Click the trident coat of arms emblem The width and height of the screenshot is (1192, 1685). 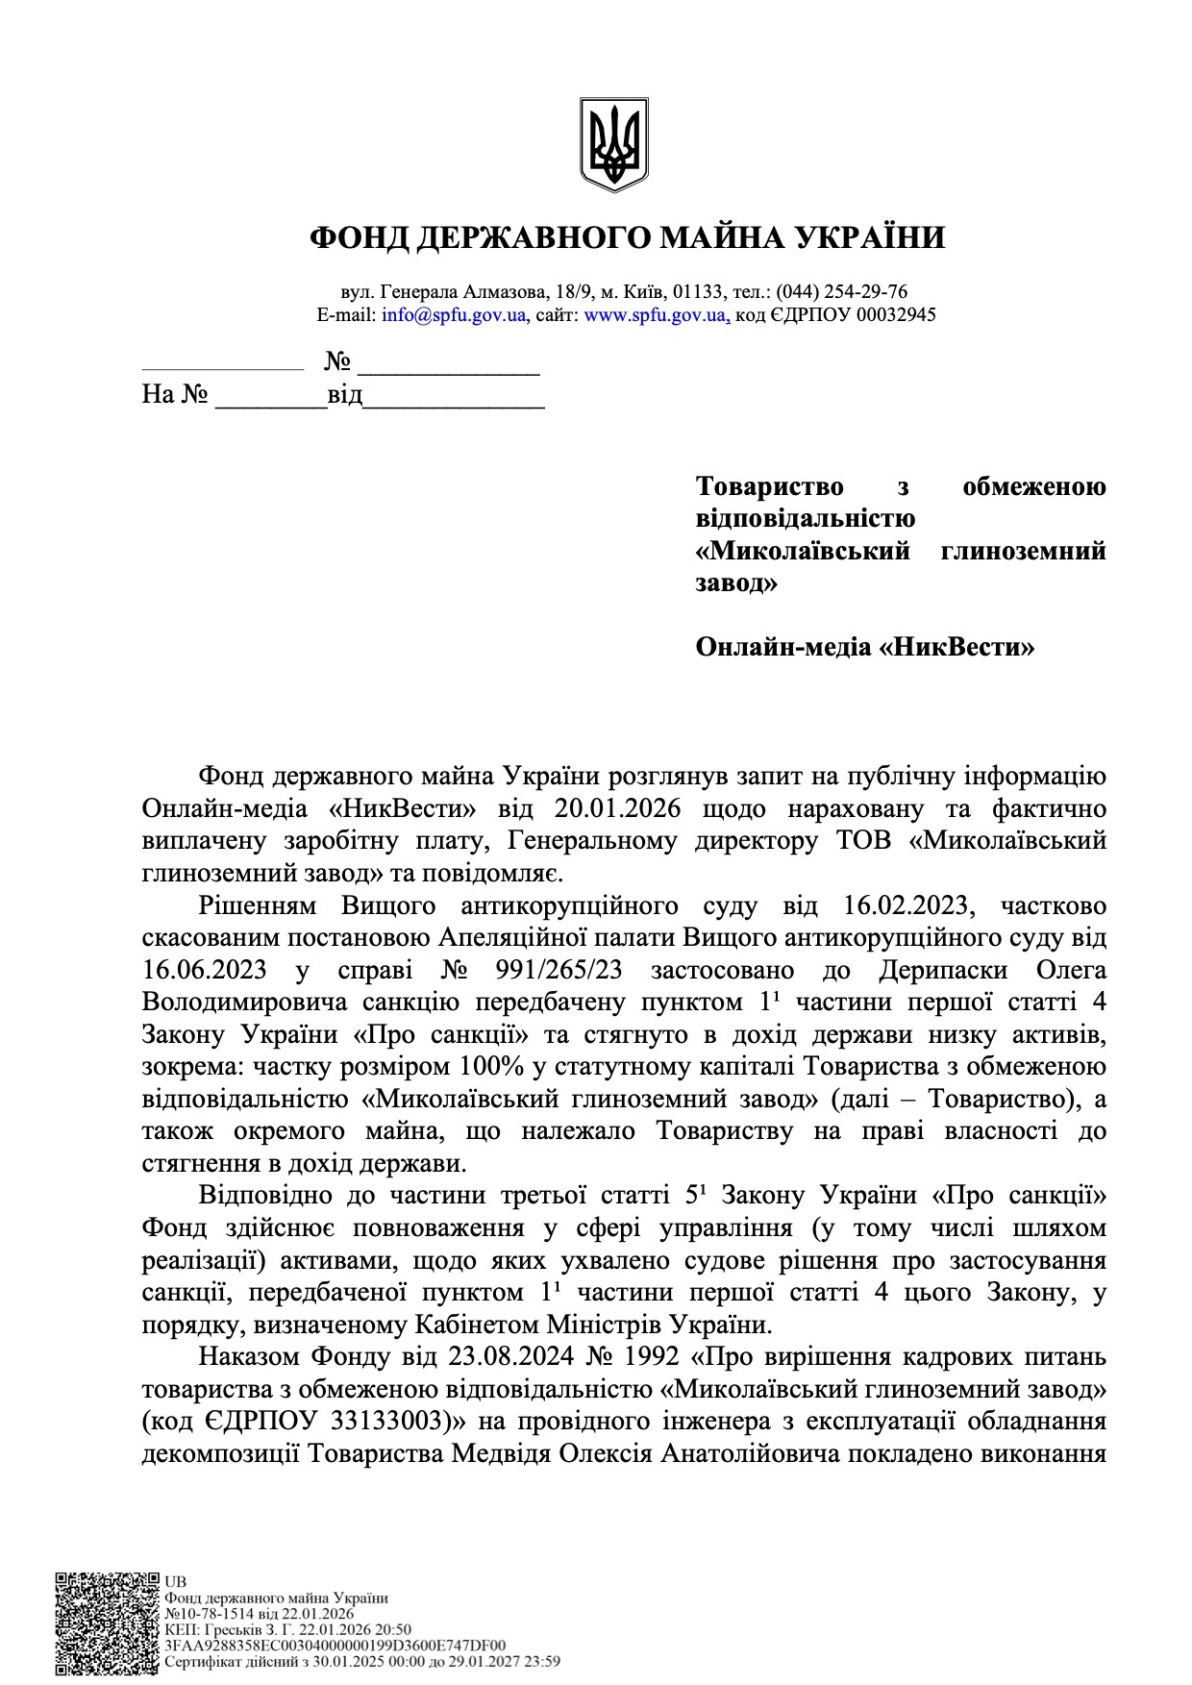613,144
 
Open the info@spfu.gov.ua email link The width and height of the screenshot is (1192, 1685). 453,315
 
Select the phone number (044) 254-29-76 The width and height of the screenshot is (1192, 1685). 841,291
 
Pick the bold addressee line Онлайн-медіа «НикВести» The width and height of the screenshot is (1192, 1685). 864,647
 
